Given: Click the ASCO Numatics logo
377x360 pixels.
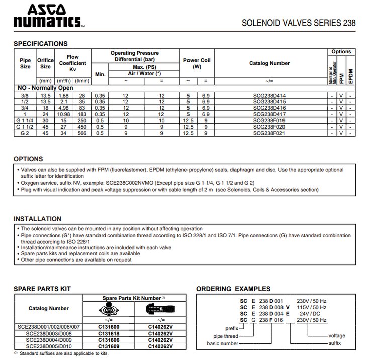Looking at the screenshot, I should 46,16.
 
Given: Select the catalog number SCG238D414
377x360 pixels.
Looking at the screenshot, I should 269,94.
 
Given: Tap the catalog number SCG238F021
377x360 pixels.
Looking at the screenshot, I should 269,133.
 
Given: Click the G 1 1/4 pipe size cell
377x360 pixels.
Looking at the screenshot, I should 25,120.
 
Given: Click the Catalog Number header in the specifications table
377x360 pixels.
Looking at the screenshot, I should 269,64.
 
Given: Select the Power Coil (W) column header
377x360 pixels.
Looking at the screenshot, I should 197,63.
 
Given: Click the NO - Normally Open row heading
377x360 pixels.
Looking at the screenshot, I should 45,88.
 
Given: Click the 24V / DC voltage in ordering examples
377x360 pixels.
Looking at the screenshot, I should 308,314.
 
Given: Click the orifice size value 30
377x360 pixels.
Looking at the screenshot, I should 45,120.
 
